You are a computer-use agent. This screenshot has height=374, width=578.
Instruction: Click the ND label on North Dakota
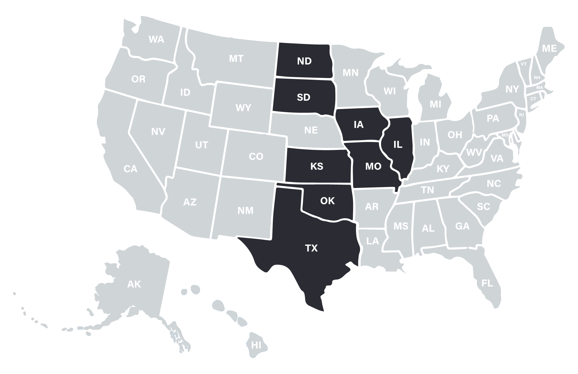click(304, 61)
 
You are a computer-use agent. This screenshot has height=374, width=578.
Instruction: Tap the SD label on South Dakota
click(304, 97)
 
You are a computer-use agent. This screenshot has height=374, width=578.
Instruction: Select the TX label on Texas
click(311, 248)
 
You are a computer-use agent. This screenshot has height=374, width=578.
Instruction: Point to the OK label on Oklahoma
click(327, 201)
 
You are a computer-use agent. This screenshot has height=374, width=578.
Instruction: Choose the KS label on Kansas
click(317, 166)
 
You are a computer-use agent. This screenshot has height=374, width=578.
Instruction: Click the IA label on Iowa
click(358, 124)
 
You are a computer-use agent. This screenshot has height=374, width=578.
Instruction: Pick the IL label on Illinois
click(398, 145)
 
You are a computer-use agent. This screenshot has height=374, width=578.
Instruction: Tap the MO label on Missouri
click(373, 166)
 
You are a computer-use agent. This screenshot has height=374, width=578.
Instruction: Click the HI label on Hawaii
click(256, 345)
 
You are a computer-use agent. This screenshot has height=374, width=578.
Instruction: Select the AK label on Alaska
click(134, 284)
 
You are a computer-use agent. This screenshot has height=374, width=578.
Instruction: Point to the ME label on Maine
click(549, 49)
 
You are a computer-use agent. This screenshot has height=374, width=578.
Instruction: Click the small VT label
click(523, 64)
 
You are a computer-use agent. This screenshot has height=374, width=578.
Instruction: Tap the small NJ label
click(521, 115)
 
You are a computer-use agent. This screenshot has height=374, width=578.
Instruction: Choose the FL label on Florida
click(487, 283)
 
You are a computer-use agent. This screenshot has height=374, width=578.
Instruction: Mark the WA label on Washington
click(156, 39)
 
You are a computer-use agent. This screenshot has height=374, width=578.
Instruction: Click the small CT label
click(533, 99)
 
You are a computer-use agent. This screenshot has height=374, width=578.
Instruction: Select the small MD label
click(505, 135)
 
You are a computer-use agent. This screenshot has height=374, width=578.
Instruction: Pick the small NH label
click(537, 77)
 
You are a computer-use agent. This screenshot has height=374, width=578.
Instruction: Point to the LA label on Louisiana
click(372, 241)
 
